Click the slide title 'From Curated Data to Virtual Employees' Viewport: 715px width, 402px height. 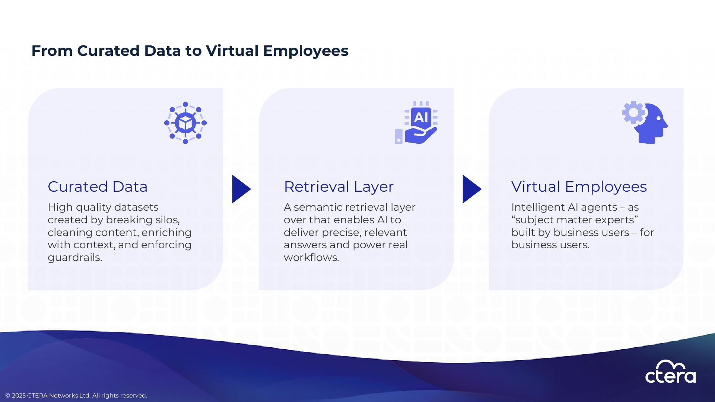[x=190, y=51]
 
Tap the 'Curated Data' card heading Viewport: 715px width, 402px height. [x=98, y=186]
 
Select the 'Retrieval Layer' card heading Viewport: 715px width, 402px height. [x=339, y=186]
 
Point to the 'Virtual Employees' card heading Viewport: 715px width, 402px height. [x=579, y=186]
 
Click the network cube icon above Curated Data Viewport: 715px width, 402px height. [x=185, y=122]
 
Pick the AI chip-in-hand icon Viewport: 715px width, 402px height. [x=416, y=122]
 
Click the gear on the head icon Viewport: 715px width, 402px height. [x=633, y=112]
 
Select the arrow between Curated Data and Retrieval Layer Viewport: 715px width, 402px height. [x=241, y=189]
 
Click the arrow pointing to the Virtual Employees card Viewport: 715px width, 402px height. [x=471, y=189]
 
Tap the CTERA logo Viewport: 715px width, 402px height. [x=670, y=372]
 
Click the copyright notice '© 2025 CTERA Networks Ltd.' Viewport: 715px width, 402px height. [x=76, y=395]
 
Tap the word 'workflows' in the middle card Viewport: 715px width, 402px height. [x=311, y=258]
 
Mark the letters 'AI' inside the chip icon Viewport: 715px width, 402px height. [x=421, y=118]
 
